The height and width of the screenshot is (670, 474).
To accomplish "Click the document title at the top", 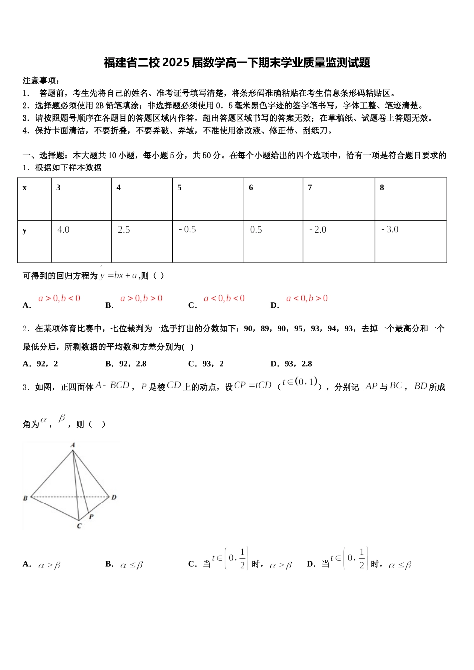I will click(237, 63).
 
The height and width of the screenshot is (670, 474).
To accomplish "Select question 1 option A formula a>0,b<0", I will click(59, 298).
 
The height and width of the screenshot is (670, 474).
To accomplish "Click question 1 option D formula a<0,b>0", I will click(307, 298).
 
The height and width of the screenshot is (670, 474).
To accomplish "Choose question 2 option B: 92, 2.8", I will click(126, 364).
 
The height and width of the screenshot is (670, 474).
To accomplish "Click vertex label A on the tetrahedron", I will click(73, 445).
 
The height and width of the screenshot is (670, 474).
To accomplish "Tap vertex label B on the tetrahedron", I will click(25, 498).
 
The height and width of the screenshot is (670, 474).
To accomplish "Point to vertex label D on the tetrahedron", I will click(114, 497).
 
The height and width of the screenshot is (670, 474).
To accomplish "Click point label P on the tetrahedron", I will click(92, 517).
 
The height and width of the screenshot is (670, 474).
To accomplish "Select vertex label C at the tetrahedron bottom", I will click(79, 526).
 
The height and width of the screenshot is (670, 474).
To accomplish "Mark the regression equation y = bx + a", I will click(119, 276).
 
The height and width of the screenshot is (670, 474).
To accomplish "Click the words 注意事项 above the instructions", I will click(41, 81).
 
